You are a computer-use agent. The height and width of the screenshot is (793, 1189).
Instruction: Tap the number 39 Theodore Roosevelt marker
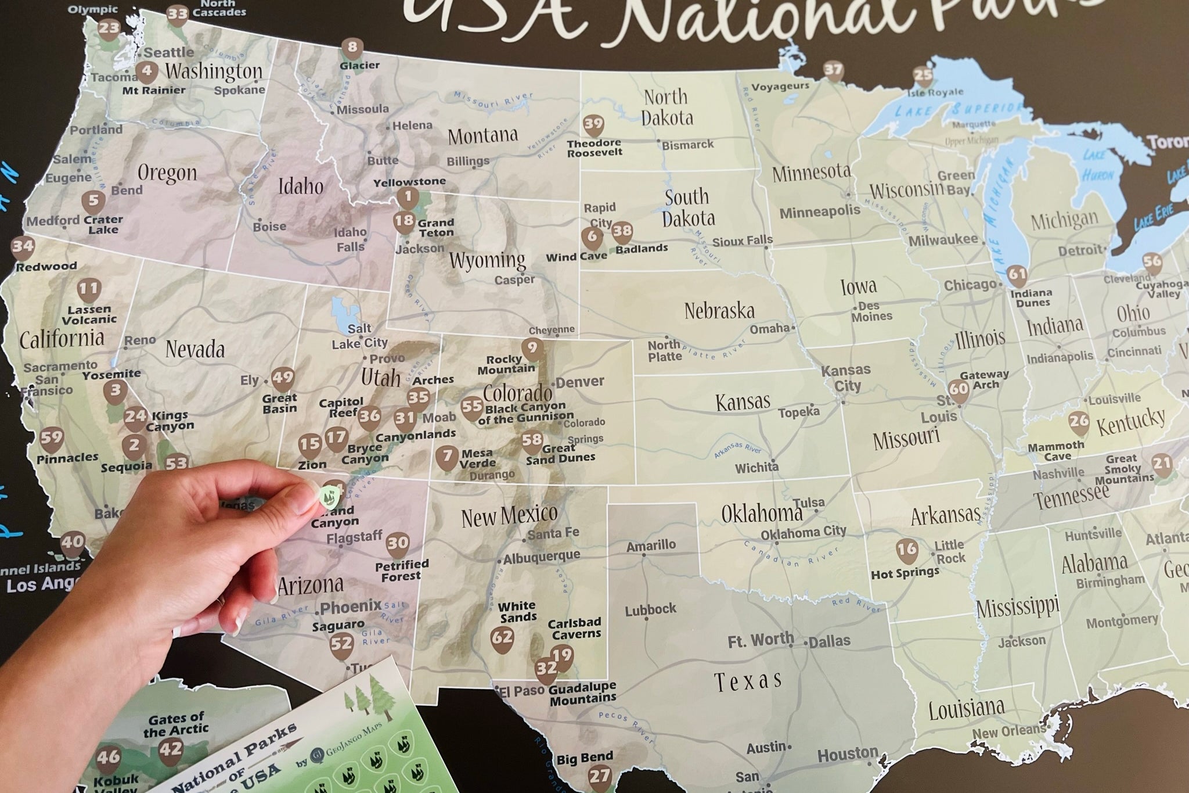click(x=593, y=125)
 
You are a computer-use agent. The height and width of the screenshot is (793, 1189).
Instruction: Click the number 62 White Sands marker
click(x=502, y=637)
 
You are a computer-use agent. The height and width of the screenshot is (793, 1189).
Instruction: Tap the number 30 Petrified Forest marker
click(x=398, y=543)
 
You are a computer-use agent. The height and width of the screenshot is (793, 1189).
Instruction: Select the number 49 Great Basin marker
click(x=283, y=378)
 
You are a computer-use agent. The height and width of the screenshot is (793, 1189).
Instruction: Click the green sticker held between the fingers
click(x=326, y=496)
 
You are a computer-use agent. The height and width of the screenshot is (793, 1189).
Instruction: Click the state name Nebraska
click(x=719, y=311)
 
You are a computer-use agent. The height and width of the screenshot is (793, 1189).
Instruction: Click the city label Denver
click(x=581, y=382)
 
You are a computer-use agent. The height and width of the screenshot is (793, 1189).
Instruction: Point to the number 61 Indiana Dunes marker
click(x=1017, y=275)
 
